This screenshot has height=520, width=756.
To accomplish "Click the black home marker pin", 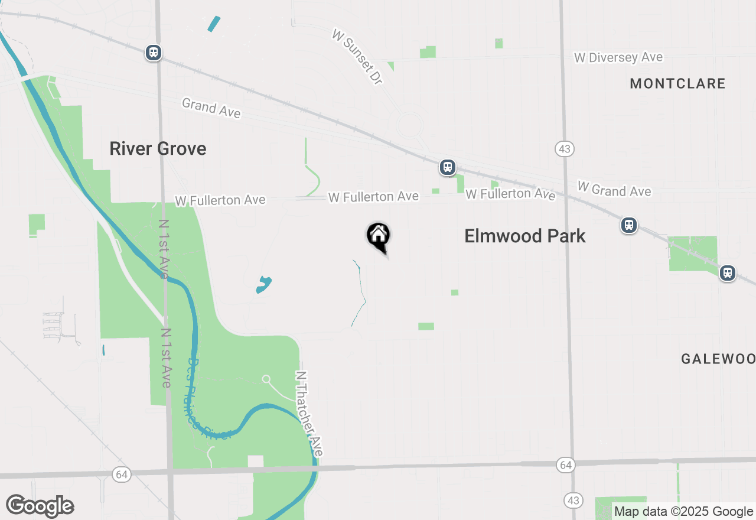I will pos(379,236).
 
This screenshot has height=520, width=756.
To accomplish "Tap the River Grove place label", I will pos(158,148).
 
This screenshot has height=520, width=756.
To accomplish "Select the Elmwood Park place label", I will pos(524,236).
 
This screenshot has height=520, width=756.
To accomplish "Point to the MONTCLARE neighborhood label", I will pos(677,83).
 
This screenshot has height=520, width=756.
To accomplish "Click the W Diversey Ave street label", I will pos(618,57).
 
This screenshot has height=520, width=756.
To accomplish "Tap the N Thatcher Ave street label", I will pos(309,413).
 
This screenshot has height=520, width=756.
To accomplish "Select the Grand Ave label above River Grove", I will pos(211,108).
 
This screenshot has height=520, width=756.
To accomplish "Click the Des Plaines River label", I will pos(206,402).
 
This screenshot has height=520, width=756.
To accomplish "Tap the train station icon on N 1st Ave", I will pos(154,53).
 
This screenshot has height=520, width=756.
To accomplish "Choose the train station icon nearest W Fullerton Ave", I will pos(448,167).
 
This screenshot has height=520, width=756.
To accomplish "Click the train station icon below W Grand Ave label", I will pos(629,225).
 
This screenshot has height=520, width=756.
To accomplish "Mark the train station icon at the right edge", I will pos(728,273).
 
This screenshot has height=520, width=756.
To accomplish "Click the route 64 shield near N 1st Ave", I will pos(122,474).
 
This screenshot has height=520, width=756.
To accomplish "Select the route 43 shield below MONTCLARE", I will pos(565,149).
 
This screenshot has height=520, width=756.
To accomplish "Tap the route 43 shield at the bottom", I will pos(572,500).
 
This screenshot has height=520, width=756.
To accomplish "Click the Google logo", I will pos(40,506).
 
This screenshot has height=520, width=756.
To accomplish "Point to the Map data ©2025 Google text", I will pos(683,512).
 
